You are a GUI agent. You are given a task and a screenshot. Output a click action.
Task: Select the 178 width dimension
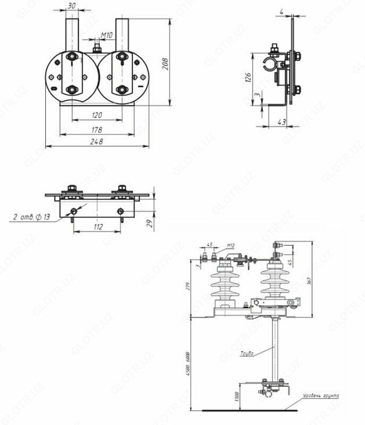[96, 129]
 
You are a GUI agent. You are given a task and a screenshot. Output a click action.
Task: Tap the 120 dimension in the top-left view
[96, 115]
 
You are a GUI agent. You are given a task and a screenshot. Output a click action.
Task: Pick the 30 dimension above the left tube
[71, 6]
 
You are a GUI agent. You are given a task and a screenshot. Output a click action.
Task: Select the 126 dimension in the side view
[248, 79]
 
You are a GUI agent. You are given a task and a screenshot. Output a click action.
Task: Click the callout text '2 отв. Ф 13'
[31, 217]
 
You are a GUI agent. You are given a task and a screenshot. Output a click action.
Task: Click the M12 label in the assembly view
[231, 245]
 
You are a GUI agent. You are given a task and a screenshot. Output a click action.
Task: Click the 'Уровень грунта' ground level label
[321, 396]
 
